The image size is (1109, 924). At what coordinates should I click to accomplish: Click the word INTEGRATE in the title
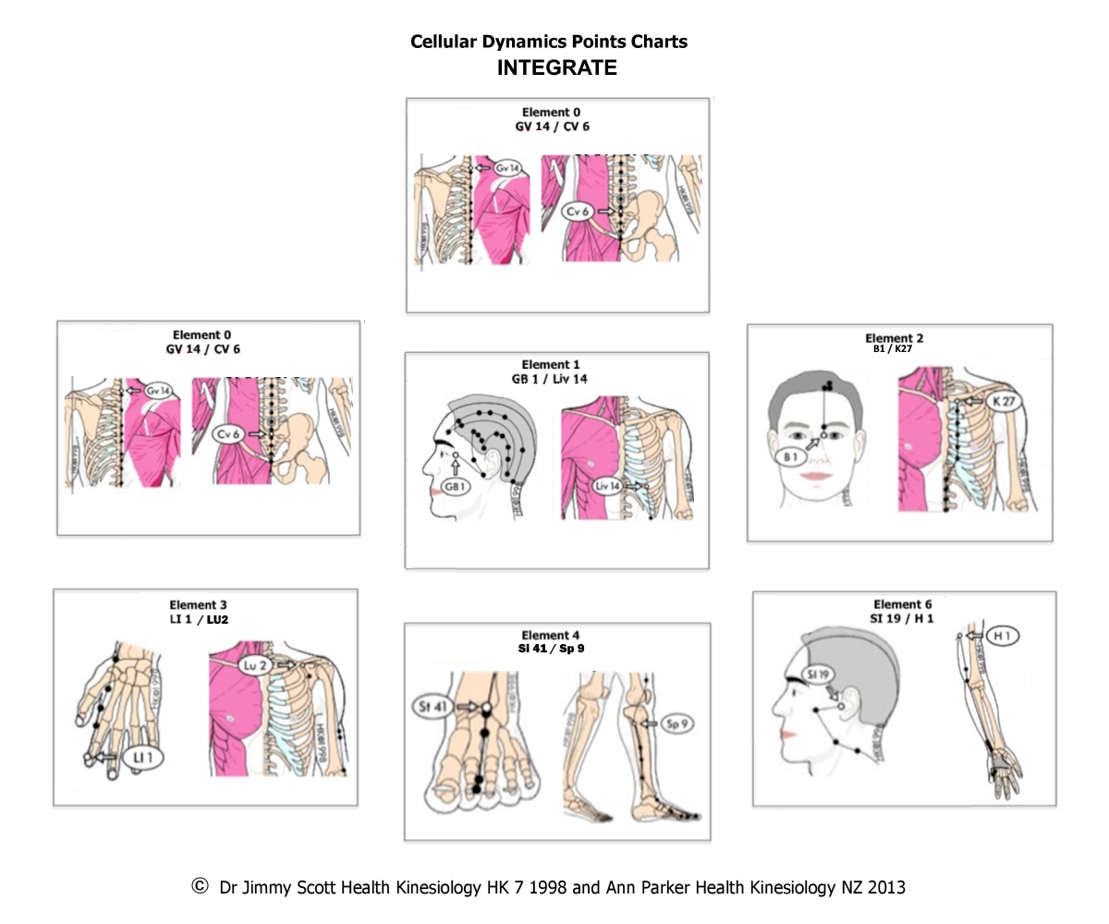[x=556, y=67]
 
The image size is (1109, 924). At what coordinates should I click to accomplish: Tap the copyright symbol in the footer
[x=200, y=886]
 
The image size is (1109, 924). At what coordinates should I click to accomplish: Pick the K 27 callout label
[x=1004, y=402]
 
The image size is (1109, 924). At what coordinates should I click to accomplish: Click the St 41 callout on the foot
[x=433, y=707]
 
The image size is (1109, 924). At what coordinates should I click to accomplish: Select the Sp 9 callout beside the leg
[x=677, y=723]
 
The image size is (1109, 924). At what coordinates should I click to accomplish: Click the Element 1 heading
[x=551, y=365]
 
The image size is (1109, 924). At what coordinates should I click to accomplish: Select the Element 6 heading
[x=903, y=604]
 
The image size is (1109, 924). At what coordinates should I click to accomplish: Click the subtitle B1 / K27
[x=893, y=349]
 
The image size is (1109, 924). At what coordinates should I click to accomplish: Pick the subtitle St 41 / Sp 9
[x=551, y=649]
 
